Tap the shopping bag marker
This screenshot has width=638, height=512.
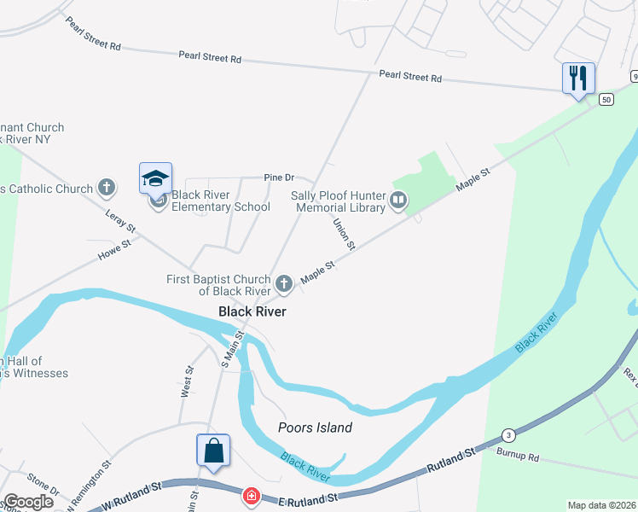(212, 451)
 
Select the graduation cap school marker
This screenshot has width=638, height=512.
(155, 178)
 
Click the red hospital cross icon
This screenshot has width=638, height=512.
(251, 495)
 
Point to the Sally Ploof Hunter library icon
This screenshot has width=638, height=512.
(398, 201)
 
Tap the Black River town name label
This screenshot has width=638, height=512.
(252, 311)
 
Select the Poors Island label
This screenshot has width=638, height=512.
(316, 428)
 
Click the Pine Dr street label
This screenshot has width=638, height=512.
(279, 177)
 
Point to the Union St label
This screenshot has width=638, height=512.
(343, 234)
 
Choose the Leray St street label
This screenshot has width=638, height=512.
(120, 221)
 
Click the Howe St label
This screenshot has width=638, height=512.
(115, 248)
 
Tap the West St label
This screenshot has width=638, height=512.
(188, 382)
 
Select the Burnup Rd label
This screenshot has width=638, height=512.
(521, 457)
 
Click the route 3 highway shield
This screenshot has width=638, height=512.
(508, 434)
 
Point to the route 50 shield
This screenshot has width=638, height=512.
(606, 99)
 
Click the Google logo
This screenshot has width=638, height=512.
(29, 502)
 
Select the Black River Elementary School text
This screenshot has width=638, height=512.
(221, 201)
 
